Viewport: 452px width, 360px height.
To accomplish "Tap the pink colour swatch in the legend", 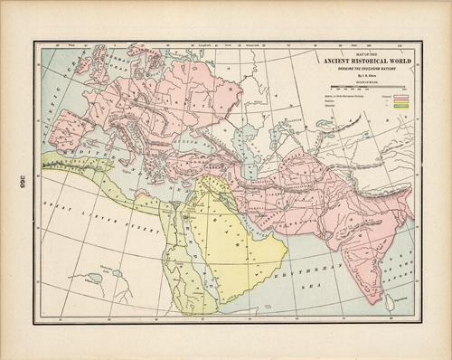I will (x=391, y=94).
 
